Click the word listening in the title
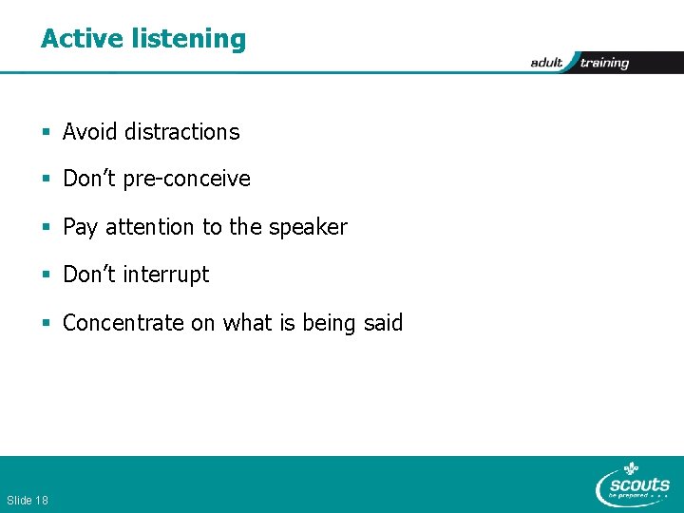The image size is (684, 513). tap(190, 40)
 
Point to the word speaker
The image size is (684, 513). tap(308, 228)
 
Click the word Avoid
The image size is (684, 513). tap(89, 132)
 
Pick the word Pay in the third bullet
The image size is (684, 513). tap(80, 228)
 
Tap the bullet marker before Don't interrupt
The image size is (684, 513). tap(47, 275)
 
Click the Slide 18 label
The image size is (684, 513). tap(28, 500)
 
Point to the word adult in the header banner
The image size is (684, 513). tap(547, 63)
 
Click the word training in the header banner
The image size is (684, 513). tap(604, 63)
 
